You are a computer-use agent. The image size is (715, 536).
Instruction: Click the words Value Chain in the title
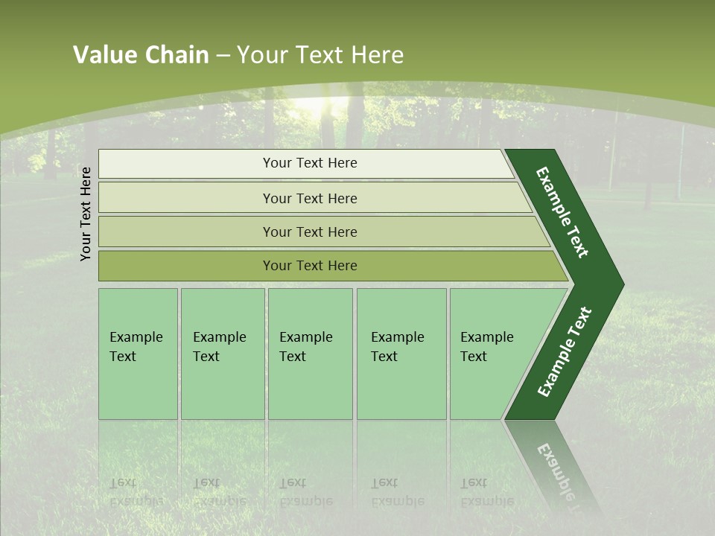(x=141, y=55)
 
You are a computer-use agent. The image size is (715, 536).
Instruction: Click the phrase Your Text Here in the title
(x=320, y=55)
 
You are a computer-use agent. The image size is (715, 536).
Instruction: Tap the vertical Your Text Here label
(x=86, y=214)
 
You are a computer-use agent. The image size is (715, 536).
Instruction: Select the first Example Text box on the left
(x=138, y=354)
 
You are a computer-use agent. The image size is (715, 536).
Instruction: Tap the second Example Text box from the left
(x=222, y=354)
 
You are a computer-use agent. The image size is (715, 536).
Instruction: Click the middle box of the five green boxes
(x=310, y=354)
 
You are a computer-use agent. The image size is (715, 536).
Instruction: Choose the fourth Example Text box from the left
(x=401, y=354)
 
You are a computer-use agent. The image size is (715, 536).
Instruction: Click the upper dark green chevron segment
(x=564, y=212)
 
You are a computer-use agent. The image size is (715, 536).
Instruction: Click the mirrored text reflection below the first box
(x=136, y=492)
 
